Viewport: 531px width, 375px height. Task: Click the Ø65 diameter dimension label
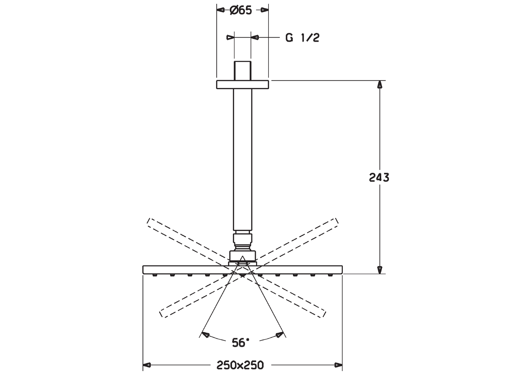(241, 10)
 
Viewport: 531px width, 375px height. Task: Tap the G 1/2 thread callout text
(302, 38)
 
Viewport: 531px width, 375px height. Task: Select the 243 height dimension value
(379, 177)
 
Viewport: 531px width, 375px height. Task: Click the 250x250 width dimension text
(240, 365)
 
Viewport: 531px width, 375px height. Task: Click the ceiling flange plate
(243, 85)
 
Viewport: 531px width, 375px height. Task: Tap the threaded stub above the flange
(243, 71)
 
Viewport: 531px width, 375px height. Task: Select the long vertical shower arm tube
(243, 159)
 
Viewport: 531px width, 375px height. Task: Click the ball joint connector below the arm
(243, 246)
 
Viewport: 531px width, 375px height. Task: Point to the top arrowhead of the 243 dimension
(380, 85)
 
